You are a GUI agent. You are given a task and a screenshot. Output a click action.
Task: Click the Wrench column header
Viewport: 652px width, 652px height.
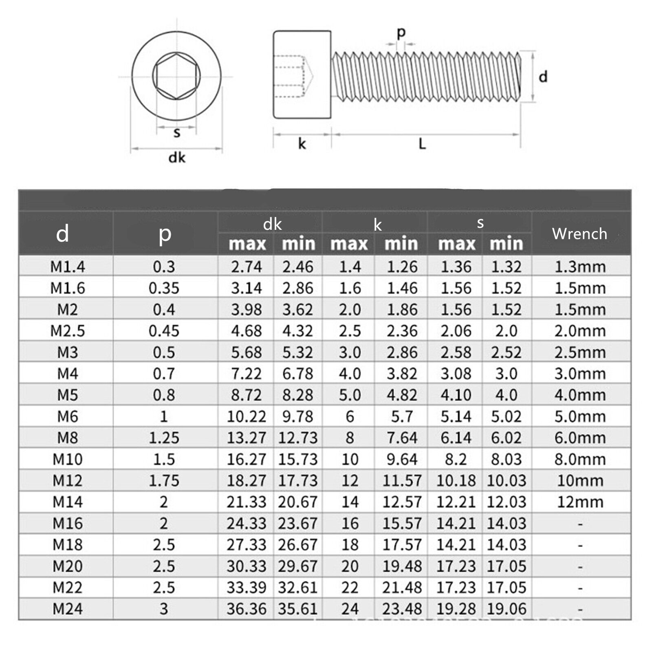pyautogui.click(x=579, y=234)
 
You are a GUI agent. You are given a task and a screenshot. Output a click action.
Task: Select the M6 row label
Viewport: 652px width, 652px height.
pyautogui.click(x=68, y=416)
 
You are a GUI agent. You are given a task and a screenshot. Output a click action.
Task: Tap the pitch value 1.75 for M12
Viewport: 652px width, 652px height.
pyautogui.click(x=164, y=480)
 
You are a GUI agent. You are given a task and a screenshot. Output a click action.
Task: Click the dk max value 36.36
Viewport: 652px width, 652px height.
pyautogui.click(x=247, y=609)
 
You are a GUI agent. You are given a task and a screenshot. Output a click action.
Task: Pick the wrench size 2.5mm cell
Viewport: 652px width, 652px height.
pyautogui.click(x=580, y=352)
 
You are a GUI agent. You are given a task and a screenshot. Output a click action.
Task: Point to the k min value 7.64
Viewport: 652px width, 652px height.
pyautogui.click(x=402, y=438)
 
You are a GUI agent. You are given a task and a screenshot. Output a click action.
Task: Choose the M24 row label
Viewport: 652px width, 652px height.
pyautogui.click(x=68, y=609)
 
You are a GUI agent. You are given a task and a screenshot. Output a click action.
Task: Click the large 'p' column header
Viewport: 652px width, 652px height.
pyautogui.click(x=165, y=234)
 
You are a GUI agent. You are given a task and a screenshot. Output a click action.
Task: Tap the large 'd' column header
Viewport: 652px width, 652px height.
pyautogui.click(x=62, y=234)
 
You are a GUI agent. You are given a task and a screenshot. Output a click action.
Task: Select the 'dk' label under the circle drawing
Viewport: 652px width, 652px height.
pyautogui.click(x=177, y=157)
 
